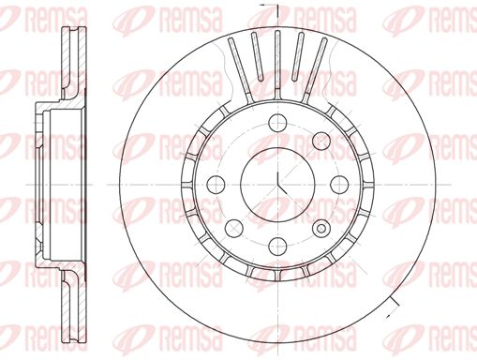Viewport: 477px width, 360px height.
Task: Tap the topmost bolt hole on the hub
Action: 277,123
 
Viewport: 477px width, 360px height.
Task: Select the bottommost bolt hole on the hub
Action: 277,246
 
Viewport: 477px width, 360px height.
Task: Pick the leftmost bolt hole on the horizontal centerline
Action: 216,185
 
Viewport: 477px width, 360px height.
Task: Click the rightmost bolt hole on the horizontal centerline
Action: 339,185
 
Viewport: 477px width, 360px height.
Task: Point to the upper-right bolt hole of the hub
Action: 321,141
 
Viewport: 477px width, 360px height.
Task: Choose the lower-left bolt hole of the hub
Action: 234,228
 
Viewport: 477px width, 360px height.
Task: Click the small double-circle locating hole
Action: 321,229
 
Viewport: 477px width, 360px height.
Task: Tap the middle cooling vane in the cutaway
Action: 277,64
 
